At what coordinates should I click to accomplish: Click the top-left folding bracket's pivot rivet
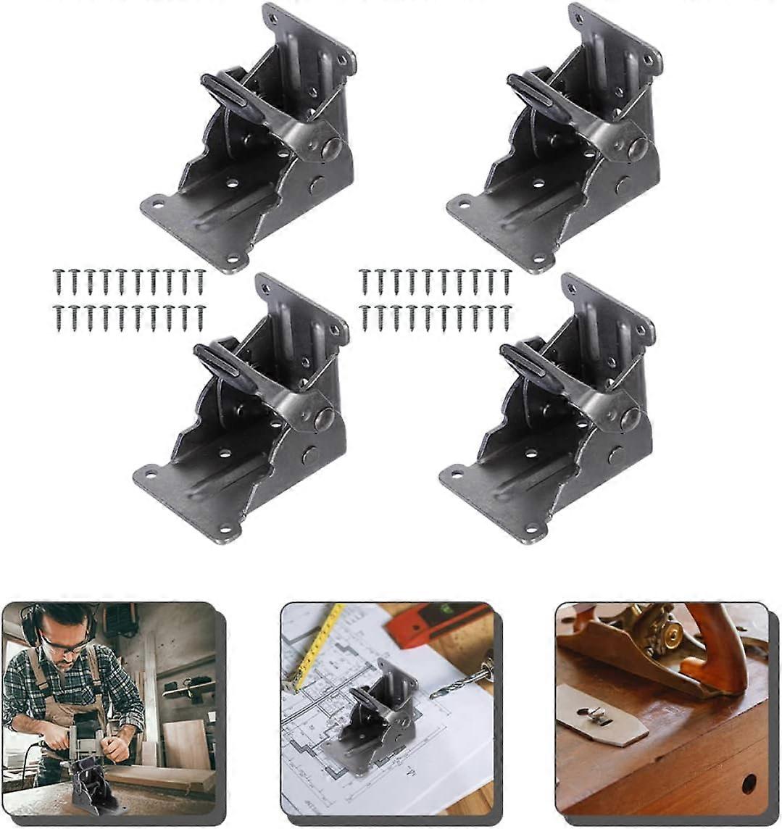331,149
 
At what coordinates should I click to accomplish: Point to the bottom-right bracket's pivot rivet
630,418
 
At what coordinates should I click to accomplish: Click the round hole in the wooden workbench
748,783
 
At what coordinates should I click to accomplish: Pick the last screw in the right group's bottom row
506,317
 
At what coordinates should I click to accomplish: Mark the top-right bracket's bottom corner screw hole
540,262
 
